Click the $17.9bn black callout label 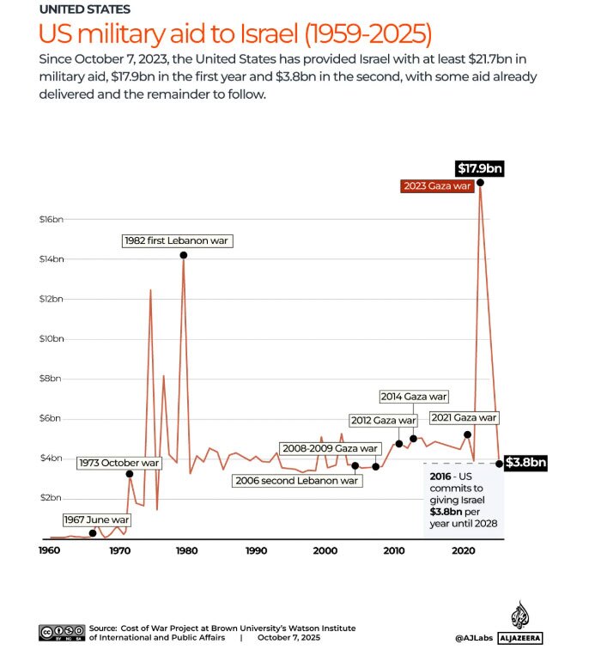479,168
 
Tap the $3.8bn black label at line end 524,464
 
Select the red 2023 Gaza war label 438,185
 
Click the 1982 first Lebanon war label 177,241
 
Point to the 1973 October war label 118,463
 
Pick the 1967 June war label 96,519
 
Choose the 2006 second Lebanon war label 297,481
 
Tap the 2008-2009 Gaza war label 330,448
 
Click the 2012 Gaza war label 384,420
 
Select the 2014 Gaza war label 415,397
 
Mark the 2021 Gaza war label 465,418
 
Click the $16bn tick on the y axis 52,220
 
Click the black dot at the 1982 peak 183,255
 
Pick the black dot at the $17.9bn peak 480,182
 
